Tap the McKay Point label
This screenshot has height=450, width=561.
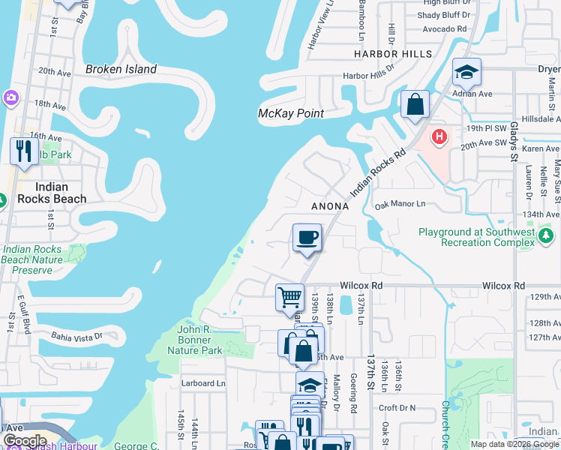(x=290, y=113)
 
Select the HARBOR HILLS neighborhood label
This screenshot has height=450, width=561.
(x=393, y=54)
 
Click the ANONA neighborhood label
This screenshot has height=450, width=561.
(x=330, y=206)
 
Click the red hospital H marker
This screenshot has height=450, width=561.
(x=439, y=138)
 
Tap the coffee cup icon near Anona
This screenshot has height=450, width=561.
(x=307, y=239)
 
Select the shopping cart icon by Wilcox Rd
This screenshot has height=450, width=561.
(x=289, y=296)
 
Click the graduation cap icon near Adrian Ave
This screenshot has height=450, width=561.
(x=466, y=72)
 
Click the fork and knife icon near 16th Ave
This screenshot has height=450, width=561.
(x=23, y=150)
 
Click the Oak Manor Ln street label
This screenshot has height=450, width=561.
(x=400, y=204)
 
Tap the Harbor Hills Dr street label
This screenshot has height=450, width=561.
(x=367, y=76)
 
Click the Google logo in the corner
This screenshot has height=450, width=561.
(x=25, y=441)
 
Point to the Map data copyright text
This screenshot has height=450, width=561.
(x=514, y=444)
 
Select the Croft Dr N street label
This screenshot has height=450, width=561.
(x=397, y=408)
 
